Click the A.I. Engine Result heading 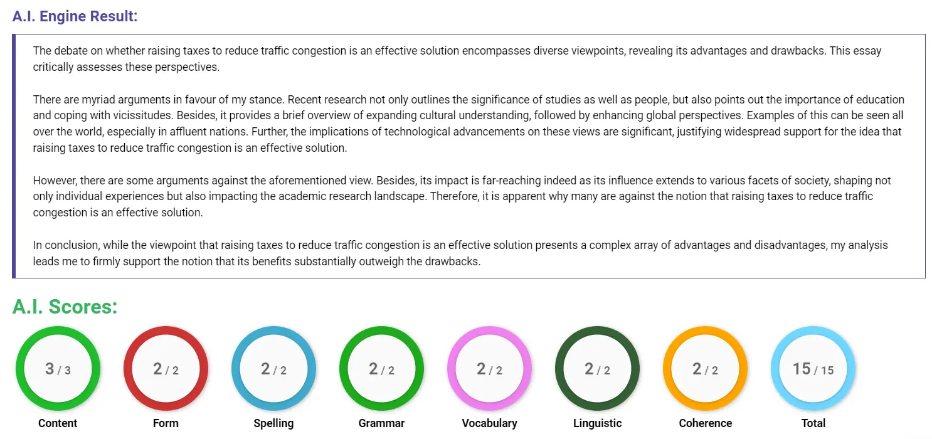(75, 16)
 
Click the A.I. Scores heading (65, 307)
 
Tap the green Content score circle (58, 369)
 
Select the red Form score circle (166, 369)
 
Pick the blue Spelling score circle (273, 369)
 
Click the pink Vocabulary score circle (489, 369)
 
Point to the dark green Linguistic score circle (597, 369)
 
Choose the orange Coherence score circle (705, 369)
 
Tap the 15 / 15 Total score (813, 369)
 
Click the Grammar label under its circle (381, 423)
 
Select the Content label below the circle (58, 423)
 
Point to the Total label (813, 423)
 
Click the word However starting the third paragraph (54, 181)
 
